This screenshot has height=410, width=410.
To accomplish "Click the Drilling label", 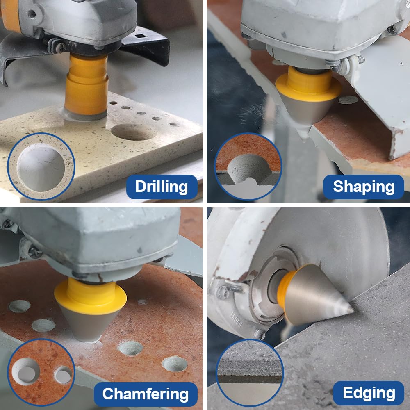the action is pos(162,187).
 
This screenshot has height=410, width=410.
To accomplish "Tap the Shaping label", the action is pos(363,187).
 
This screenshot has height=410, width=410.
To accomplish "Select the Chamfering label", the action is pos(146,394).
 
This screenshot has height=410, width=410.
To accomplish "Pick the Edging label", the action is pos(369,393).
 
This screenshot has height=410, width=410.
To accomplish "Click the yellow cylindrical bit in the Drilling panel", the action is pos(86,85).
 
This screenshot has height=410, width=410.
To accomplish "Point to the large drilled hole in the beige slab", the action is pos(133,132).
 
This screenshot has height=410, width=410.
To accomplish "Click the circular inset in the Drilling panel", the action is pos(41,166).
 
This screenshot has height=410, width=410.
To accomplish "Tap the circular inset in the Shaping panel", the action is pos(248,166).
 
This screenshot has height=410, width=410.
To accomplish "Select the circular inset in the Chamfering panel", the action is pos(41,373).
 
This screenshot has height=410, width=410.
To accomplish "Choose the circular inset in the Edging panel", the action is pos(250,373).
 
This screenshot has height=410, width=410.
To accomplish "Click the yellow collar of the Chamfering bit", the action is pos(91,296).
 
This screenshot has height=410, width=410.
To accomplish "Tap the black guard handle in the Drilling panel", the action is pos(146,44).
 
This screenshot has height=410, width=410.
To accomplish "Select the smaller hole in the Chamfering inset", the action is pos(63,375).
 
